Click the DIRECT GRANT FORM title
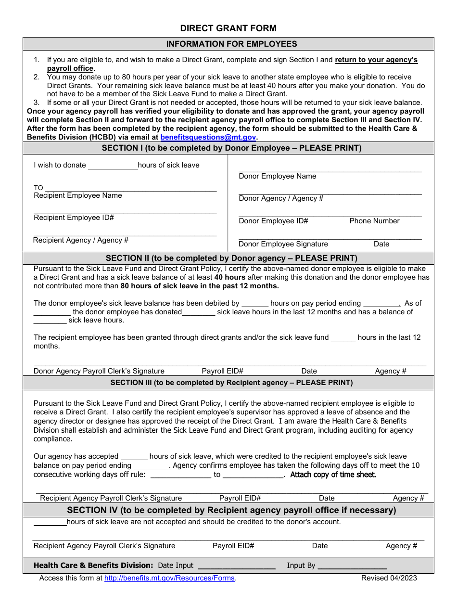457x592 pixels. [228, 28]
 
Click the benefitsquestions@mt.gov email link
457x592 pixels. [208, 137]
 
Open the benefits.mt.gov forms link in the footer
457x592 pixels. [169, 578]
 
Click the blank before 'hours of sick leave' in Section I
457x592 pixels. [113, 166]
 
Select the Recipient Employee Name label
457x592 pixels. [77, 195]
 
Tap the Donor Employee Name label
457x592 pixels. [277, 176]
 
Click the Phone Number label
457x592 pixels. [374, 221]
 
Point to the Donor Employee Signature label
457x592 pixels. [283, 244]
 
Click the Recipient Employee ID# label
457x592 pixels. [74, 218]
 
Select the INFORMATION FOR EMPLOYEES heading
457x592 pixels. [231, 44]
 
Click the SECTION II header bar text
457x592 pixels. [231, 258]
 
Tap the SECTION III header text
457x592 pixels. [231, 383]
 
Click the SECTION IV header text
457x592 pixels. [231, 510]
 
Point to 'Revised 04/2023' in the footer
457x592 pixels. [389, 578]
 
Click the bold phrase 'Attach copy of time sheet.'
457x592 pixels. [333, 475]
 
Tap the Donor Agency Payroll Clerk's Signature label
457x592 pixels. [99, 371]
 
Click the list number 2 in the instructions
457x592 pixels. [37, 77]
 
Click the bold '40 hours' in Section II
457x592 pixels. [229, 277]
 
